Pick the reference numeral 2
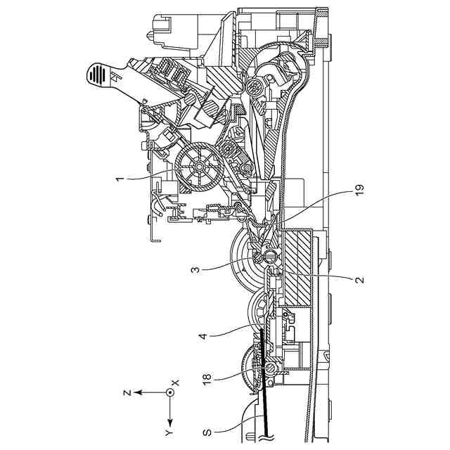coord(359,279)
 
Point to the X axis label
coord(176,382)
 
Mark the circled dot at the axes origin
coord(169,393)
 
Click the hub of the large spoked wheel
coord(198,166)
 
